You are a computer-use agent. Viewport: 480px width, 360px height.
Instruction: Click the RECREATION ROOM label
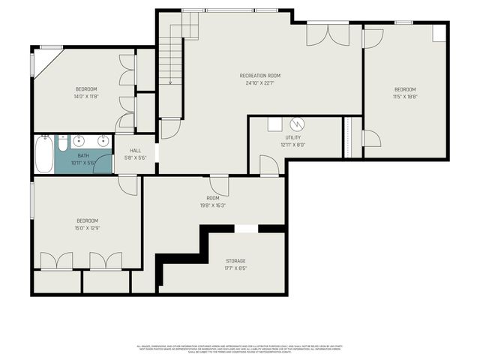260,76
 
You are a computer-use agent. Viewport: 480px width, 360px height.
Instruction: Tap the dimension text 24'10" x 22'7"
260,83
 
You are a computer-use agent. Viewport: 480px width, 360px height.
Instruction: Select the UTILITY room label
292,138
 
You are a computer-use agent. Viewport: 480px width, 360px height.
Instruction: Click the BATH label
82,156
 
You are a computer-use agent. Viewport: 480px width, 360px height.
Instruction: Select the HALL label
136,151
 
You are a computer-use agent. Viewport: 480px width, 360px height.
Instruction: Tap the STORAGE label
235,261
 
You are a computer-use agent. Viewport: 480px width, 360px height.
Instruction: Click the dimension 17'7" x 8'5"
235,268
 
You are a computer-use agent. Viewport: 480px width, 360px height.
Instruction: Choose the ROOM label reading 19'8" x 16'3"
213,198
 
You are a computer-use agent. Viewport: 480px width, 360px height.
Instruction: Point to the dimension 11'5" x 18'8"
406,96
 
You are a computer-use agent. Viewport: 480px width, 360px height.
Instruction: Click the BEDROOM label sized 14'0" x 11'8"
86,89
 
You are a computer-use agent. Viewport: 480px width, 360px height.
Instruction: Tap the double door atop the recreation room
327,34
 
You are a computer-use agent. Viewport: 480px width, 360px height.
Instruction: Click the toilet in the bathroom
63,142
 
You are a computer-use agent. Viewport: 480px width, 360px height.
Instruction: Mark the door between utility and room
268,166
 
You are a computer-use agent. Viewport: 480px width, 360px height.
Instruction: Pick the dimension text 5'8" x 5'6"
136,157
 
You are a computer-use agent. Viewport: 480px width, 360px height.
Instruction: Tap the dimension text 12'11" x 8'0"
292,145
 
